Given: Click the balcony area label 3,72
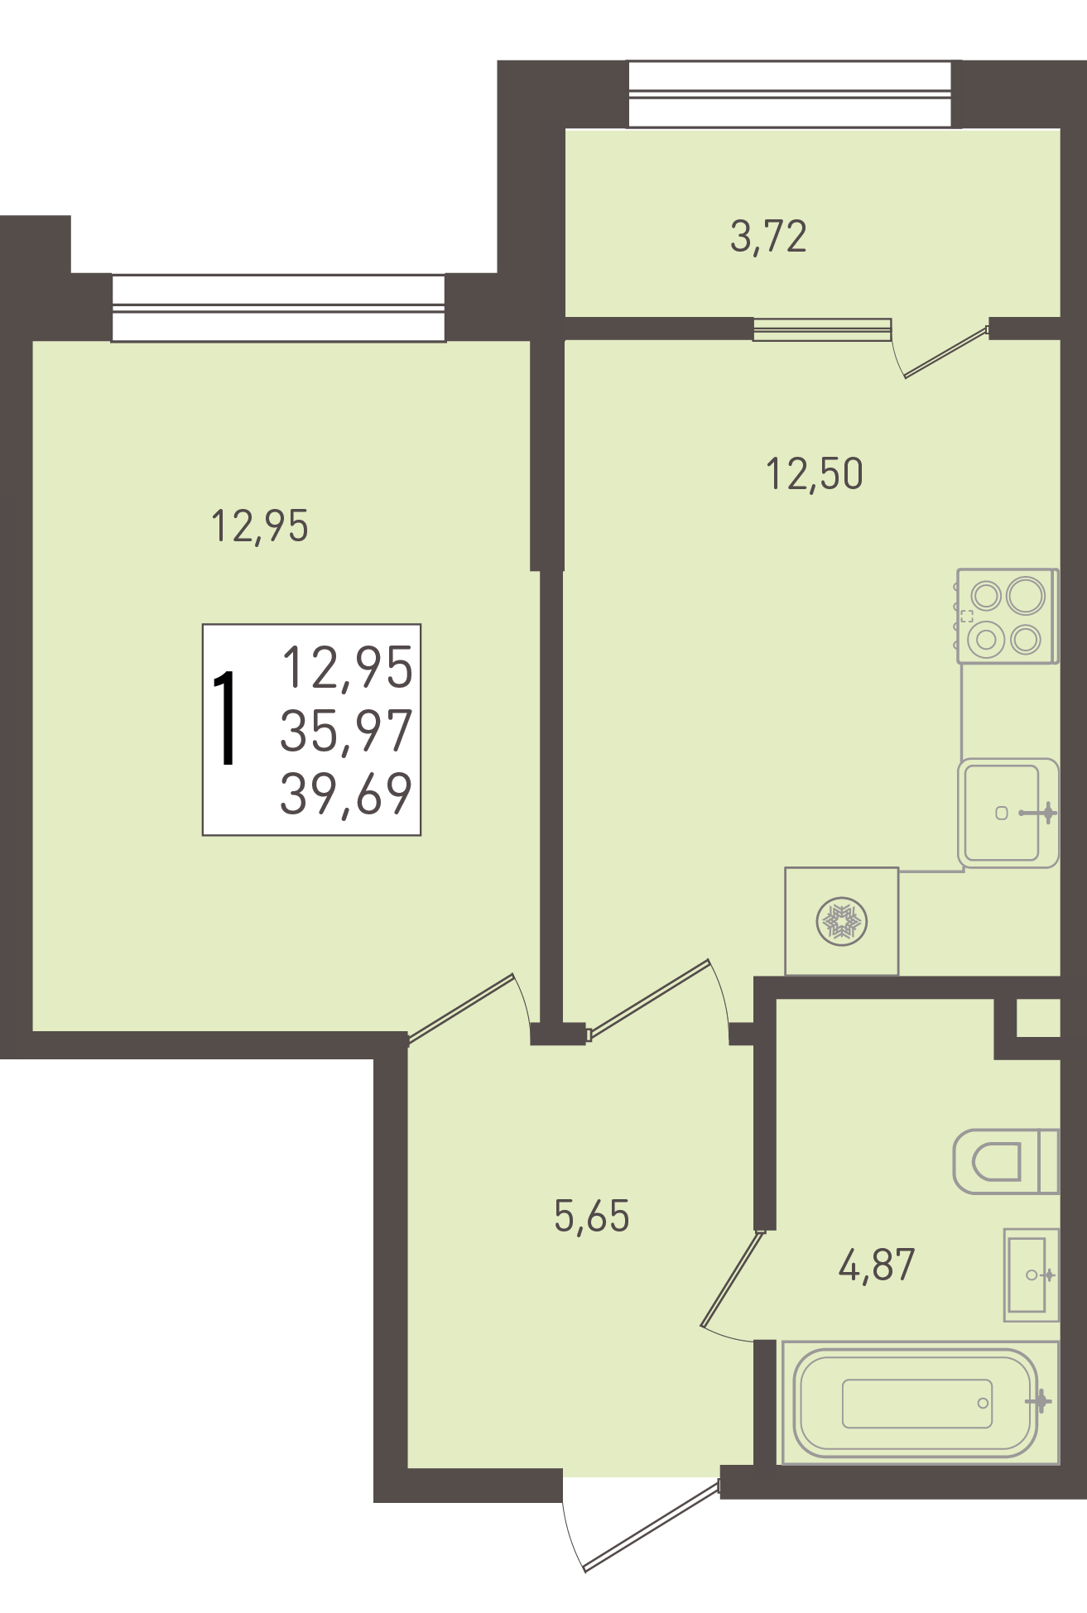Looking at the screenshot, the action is pos(768,237).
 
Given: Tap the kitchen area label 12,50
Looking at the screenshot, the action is pos(815,474).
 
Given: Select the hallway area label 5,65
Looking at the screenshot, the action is pos(592,1216).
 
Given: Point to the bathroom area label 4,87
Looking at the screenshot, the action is pos(877,1265).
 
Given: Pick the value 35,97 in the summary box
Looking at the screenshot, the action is pos(346,731).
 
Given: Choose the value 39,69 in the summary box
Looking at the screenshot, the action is pos(346,794).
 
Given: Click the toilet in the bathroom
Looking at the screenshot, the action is pos(1006,1162).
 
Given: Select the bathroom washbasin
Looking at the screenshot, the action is pos(1032,1275).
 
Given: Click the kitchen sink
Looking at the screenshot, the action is pos(1008,813).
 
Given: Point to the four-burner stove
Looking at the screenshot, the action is pos(1008,616).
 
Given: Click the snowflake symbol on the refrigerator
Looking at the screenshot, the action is pos(841,922).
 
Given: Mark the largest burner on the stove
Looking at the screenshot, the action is pos(1026,595).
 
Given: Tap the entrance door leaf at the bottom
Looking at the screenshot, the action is pos(652,1525).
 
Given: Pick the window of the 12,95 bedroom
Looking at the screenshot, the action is pos(278,308).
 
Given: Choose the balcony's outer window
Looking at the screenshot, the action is pos(790,94).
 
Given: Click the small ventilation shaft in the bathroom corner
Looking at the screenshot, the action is pos(1038,1018).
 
